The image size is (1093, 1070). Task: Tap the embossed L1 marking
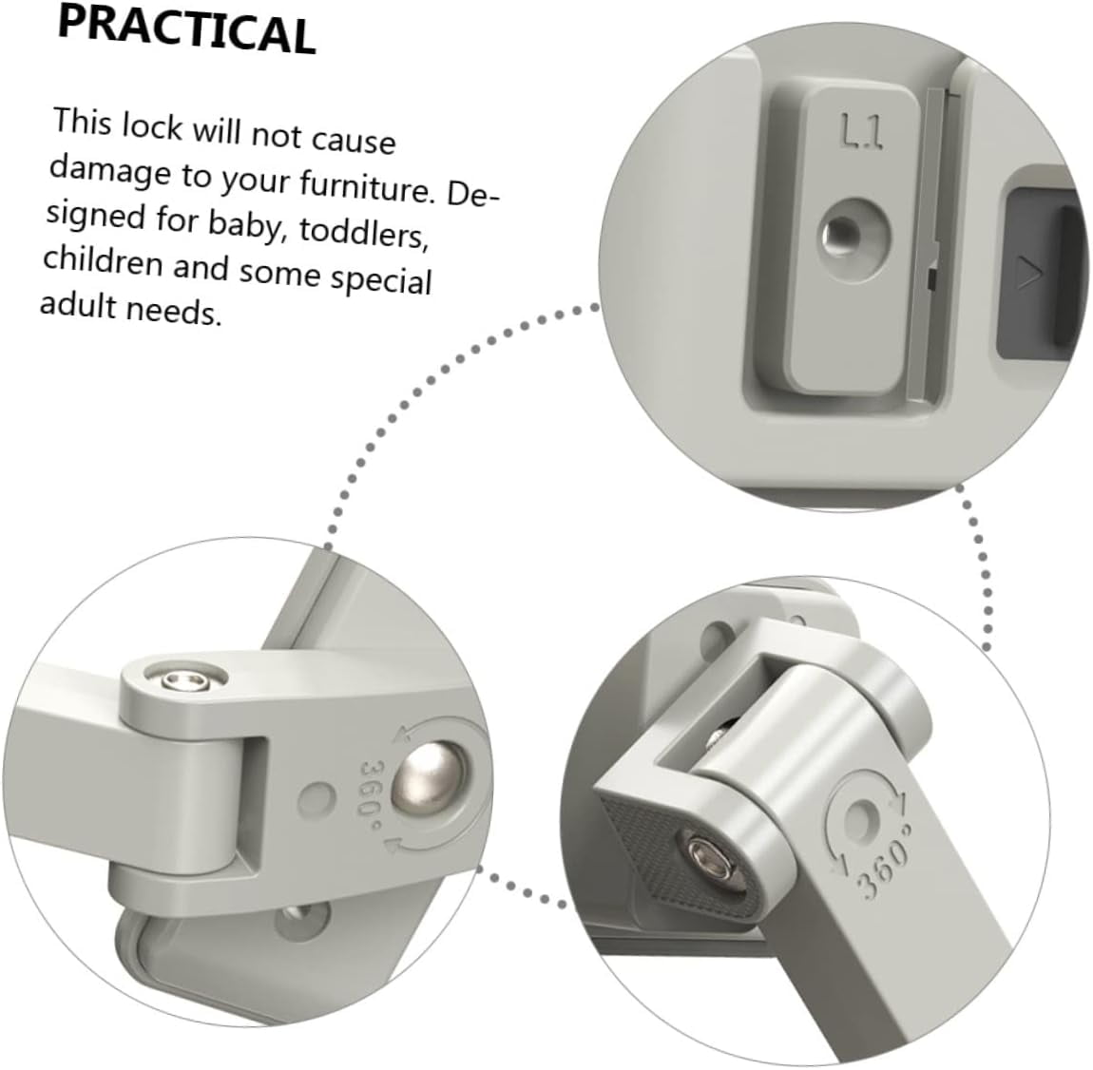pos(862,132)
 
